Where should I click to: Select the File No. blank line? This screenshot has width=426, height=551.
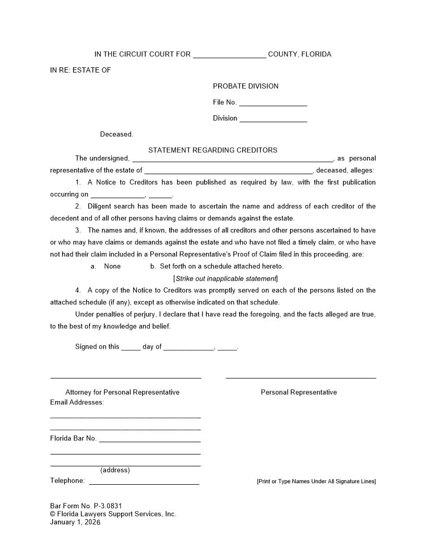273,104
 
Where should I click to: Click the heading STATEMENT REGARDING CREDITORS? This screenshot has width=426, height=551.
212,150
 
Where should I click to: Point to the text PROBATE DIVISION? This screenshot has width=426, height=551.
245,86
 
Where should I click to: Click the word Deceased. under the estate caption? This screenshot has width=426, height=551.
116,134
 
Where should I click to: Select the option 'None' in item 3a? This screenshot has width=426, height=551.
112,266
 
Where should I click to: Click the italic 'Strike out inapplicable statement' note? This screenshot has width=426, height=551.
226,278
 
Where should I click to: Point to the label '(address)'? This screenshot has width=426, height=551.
115,470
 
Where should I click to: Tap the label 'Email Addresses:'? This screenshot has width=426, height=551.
77,402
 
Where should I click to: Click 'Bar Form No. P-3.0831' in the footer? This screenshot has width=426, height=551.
86,506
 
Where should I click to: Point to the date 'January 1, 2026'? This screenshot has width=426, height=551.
75,522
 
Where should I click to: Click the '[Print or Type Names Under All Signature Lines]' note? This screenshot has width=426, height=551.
316,481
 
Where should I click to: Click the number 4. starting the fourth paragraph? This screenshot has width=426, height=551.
78,290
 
